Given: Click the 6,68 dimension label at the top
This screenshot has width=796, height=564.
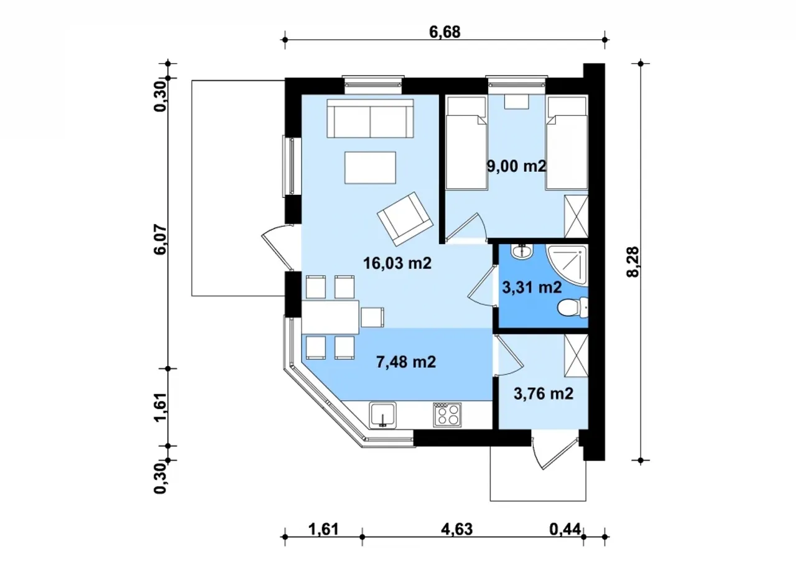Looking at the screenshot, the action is click(445, 32).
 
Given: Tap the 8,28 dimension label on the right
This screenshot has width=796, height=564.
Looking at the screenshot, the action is click(633, 262).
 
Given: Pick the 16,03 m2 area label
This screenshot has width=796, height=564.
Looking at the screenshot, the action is click(397, 263).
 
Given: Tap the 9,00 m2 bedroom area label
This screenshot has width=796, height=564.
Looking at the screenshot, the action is click(516, 166).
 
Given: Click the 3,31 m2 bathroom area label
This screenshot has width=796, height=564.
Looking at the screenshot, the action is click(532, 288).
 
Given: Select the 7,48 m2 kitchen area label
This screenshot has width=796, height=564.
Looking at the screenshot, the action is click(406, 362).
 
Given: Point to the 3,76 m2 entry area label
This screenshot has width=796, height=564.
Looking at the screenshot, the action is click(544, 393).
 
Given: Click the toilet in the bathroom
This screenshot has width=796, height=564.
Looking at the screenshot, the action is click(573, 308).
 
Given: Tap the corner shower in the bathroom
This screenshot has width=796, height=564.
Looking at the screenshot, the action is click(567, 265).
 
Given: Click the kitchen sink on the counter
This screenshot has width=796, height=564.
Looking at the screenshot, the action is click(382, 415).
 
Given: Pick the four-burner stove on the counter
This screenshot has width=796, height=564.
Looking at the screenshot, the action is click(447, 415).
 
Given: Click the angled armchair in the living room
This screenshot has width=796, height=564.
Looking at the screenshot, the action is click(405, 219).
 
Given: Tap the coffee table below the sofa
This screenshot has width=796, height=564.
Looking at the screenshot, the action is click(370, 167).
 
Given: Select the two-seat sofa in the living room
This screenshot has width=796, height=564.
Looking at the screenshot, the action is click(370, 118).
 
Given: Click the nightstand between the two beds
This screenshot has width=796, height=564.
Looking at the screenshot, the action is click(517, 102).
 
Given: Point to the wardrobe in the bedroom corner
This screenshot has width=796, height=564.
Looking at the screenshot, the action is click(576, 216).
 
